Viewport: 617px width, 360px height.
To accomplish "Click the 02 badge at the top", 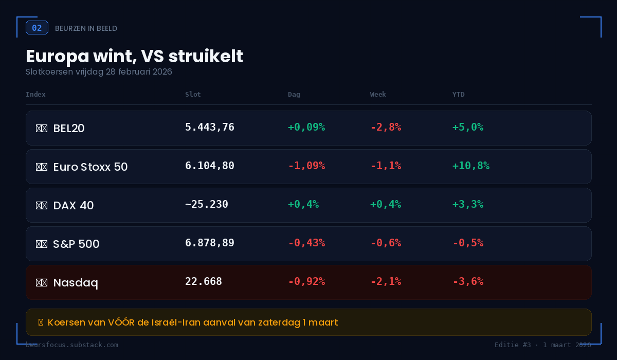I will pyautogui.click(x=37, y=28).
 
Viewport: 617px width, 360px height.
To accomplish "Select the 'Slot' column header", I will pyautogui.click(x=193, y=95).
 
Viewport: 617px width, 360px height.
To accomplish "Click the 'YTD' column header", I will pyautogui.click(x=458, y=95).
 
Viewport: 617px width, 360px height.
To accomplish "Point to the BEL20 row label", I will pyautogui.click(x=68, y=129).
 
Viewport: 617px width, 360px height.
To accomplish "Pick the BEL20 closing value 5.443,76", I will pyautogui.click(x=210, y=127).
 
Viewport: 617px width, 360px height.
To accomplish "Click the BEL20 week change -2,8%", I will pyautogui.click(x=386, y=127).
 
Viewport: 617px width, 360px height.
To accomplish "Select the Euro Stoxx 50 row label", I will pyautogui.click(x=90, y=167).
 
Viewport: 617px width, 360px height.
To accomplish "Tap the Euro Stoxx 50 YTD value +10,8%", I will pyautogui.click(x=470, y=166).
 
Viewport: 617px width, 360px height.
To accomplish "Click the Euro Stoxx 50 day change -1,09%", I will pyautogui.click(x=306, y=166).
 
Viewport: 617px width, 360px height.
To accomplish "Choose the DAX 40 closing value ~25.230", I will pyautogui.click(x=207, y=204).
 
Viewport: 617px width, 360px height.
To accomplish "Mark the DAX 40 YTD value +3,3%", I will pyautogui.click(x=467, y=204).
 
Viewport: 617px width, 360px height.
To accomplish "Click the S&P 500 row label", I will pyautogui.click(x=76, y=244).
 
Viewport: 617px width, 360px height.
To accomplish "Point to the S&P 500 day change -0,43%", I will pyautogui.click(x=306, y=243).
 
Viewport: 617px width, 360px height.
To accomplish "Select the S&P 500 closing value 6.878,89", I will pyautogui.click(x=210, y=243).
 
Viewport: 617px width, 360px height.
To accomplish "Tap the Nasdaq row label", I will pyautogui.click(x=75, y=283).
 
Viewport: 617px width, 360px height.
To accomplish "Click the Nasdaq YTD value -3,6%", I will pyautogui.click(x=467, y=281).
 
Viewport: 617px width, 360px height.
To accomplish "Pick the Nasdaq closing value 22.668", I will pyautogui.click(x=204, y=281).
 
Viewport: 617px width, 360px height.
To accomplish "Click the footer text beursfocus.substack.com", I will pyautogui.click(x=72, y=345).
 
